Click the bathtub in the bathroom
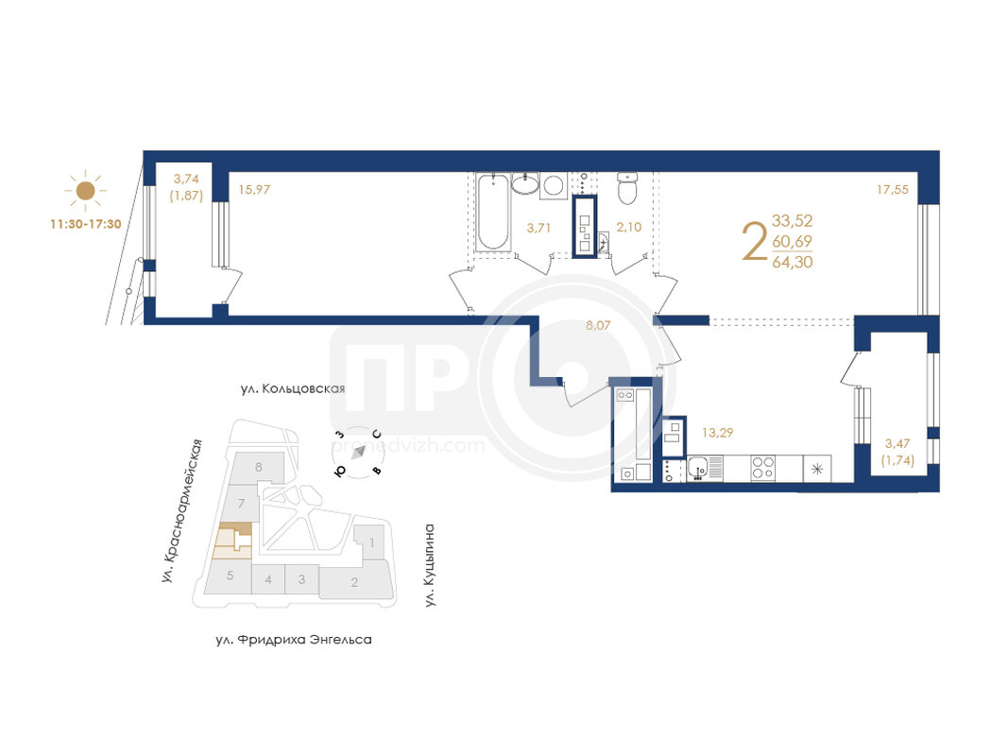point(494,212)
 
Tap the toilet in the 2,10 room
point(626,187)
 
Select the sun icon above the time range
point(86,190)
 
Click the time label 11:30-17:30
point(86,224)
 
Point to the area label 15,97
point(254,190)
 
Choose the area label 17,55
point(893,190)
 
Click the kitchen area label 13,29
point(717,433)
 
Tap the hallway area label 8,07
point(598,325)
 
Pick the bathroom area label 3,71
point(538,228)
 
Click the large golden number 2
point(755,241)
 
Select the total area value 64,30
point(792,262)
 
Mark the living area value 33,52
point(792,220)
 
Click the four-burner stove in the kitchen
point(763,468)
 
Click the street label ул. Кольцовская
point(293,388)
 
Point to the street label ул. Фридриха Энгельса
point(294,640)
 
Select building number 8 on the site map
point(259,467)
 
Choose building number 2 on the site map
point(354,582)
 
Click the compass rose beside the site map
point(359,452)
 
